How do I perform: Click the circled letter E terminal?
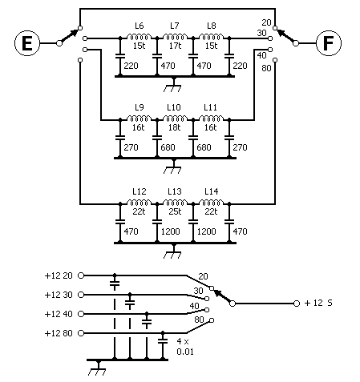27,43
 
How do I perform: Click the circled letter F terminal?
329,43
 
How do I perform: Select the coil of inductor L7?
175,37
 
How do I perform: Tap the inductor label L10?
174,107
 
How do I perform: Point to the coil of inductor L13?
175,203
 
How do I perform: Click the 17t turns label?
175,46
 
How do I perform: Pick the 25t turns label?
175,211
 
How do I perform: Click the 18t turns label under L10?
175,127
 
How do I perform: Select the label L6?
140,26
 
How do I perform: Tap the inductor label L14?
212,191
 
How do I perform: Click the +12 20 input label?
59,275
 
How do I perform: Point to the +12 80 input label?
59,333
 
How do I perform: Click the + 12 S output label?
318,303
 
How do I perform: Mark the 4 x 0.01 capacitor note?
185,346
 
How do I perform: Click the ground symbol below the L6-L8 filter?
172,86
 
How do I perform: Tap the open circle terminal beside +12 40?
81,314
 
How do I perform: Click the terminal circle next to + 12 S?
297,304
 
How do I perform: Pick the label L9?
140,107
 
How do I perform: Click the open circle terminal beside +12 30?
81,295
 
